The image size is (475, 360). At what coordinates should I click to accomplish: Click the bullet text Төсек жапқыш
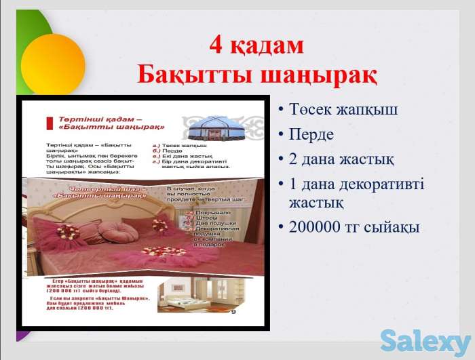[x=343, y=110]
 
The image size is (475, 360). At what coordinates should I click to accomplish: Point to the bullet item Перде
[x=311, y=134]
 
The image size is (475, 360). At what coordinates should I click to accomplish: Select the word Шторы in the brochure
[x=206, y=218]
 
